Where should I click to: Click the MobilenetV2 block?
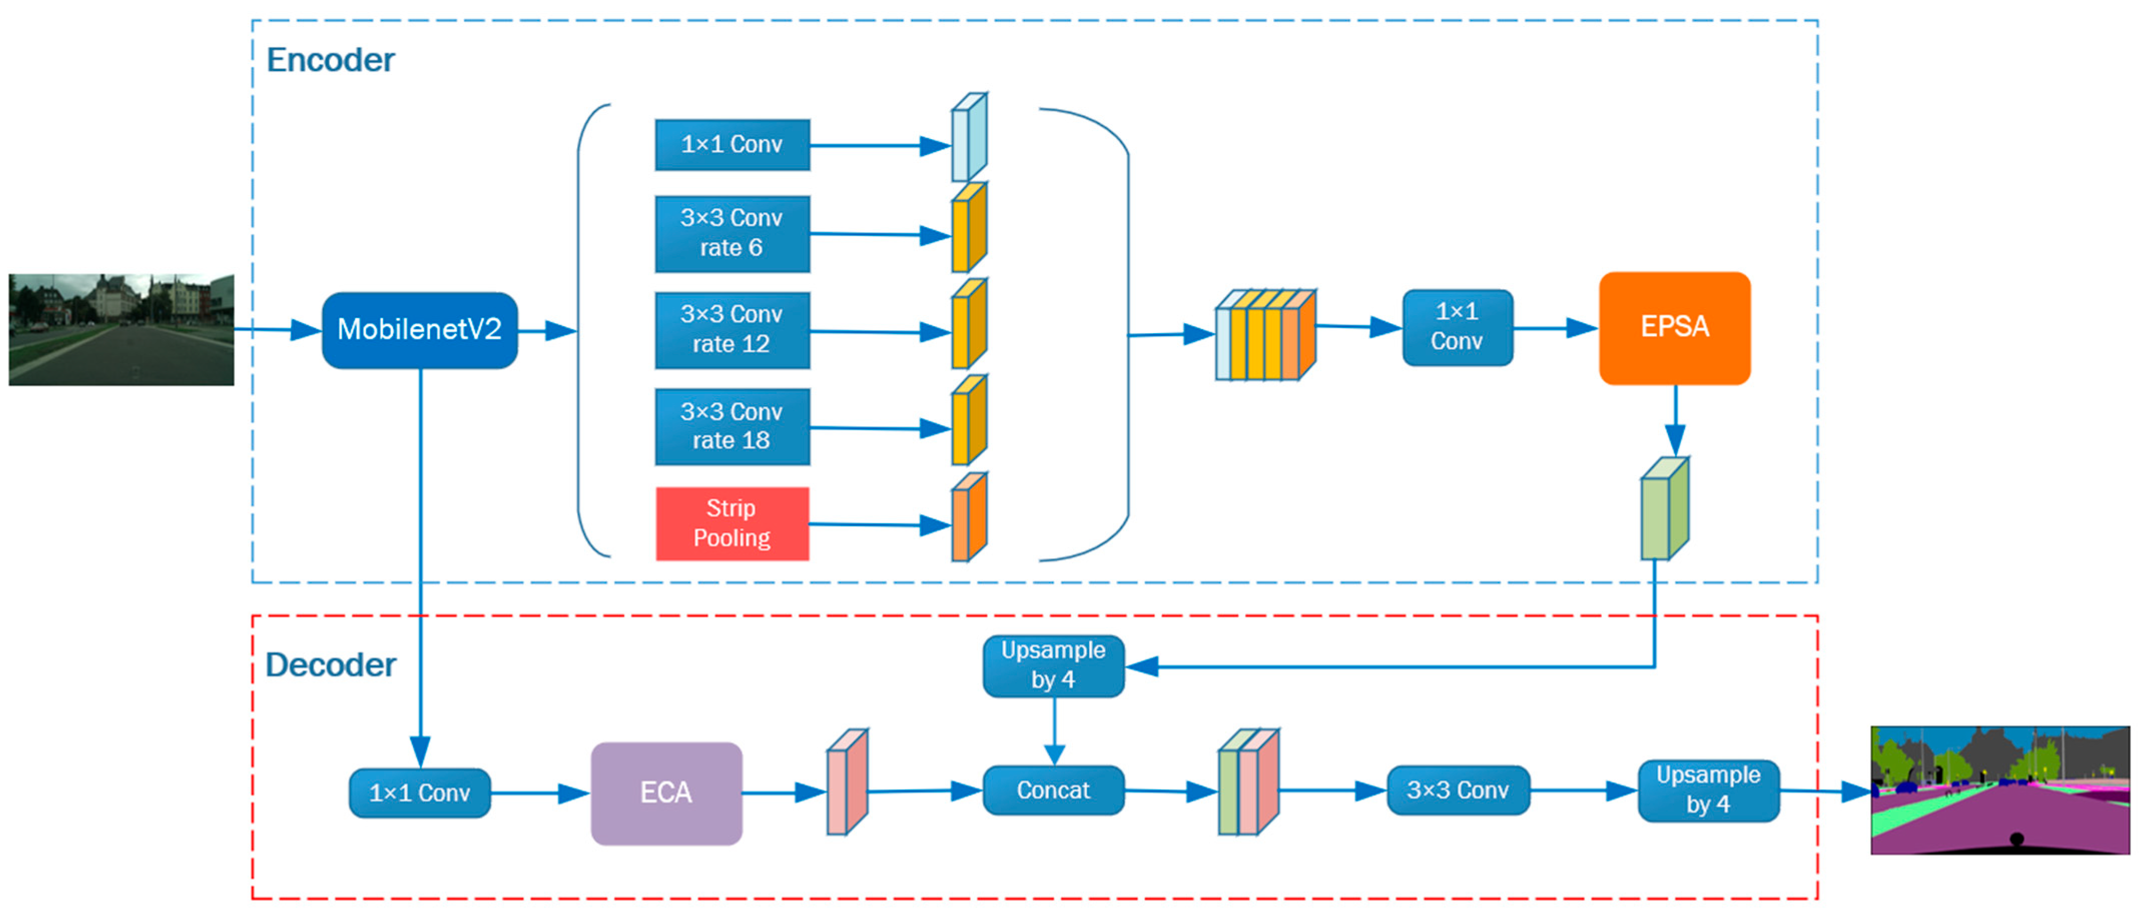pyautogui.click(x=419, y=330)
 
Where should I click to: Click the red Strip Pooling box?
pyautogui.click(x=732, y=523)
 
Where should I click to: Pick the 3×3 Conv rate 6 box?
pyautogui.click(x=732, y=234)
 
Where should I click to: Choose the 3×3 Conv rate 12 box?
pyautogui.click(x=732, y=330)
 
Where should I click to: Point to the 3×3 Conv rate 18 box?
pyautogui.click(x=732, y=426)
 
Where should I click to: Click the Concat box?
pyautogui.click(x=1053, y=790)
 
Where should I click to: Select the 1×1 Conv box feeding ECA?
pyautogui.click(x=419, y=793)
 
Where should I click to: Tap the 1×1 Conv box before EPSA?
pyautogui.click(x=1457, y=327)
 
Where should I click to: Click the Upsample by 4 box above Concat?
pyautogui.click(x=1053, y=665)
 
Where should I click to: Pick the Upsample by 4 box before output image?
pyautogui.click(x=1708, y=790)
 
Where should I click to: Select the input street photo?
pyautogui.click(x=121, y=330)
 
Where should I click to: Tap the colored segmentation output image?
pyautogui.click(x=2000, y=790)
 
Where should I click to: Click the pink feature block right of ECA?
pyautogui.click(x=846, y=782)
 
